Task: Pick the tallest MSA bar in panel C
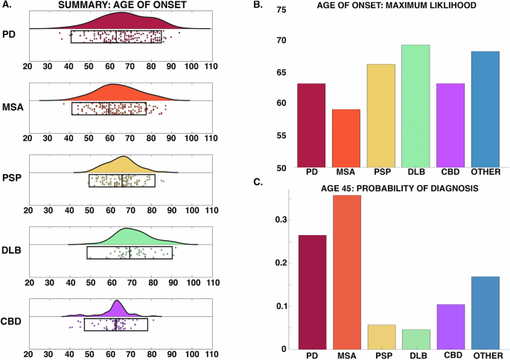pyautogui.click(x=345, y=272)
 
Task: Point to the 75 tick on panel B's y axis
pyautogui.click(x=281, y=10)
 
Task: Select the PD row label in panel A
pyautogui.click(x=10, y=35)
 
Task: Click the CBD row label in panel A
pyautogui.click(x=11, y=321)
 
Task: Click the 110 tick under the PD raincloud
pyautogui.click(x=211, y=66)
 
